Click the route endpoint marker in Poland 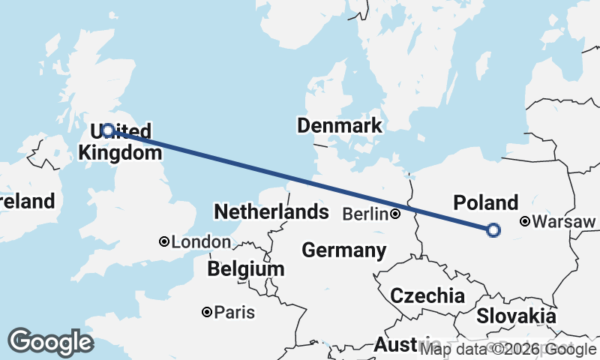click(493, 230)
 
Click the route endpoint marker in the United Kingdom click(108, 130)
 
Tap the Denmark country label click(339, 125)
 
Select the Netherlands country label click(271, 212)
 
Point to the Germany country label click(344, 250)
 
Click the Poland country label click(486, 202)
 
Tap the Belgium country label click(246, 268)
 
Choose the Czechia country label click(427, 295)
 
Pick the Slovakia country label click(516, 316)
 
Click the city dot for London click(164, 241)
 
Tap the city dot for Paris click(206, 312)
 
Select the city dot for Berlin click(395, 214)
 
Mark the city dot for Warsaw click(526, 221)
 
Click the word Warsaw click(565, 222)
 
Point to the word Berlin click(365, 214)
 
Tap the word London click(201, 242)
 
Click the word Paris click(235, 313)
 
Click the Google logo click(51, 342)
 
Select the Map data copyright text click(508, 349)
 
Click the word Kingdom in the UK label click(120, 153)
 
